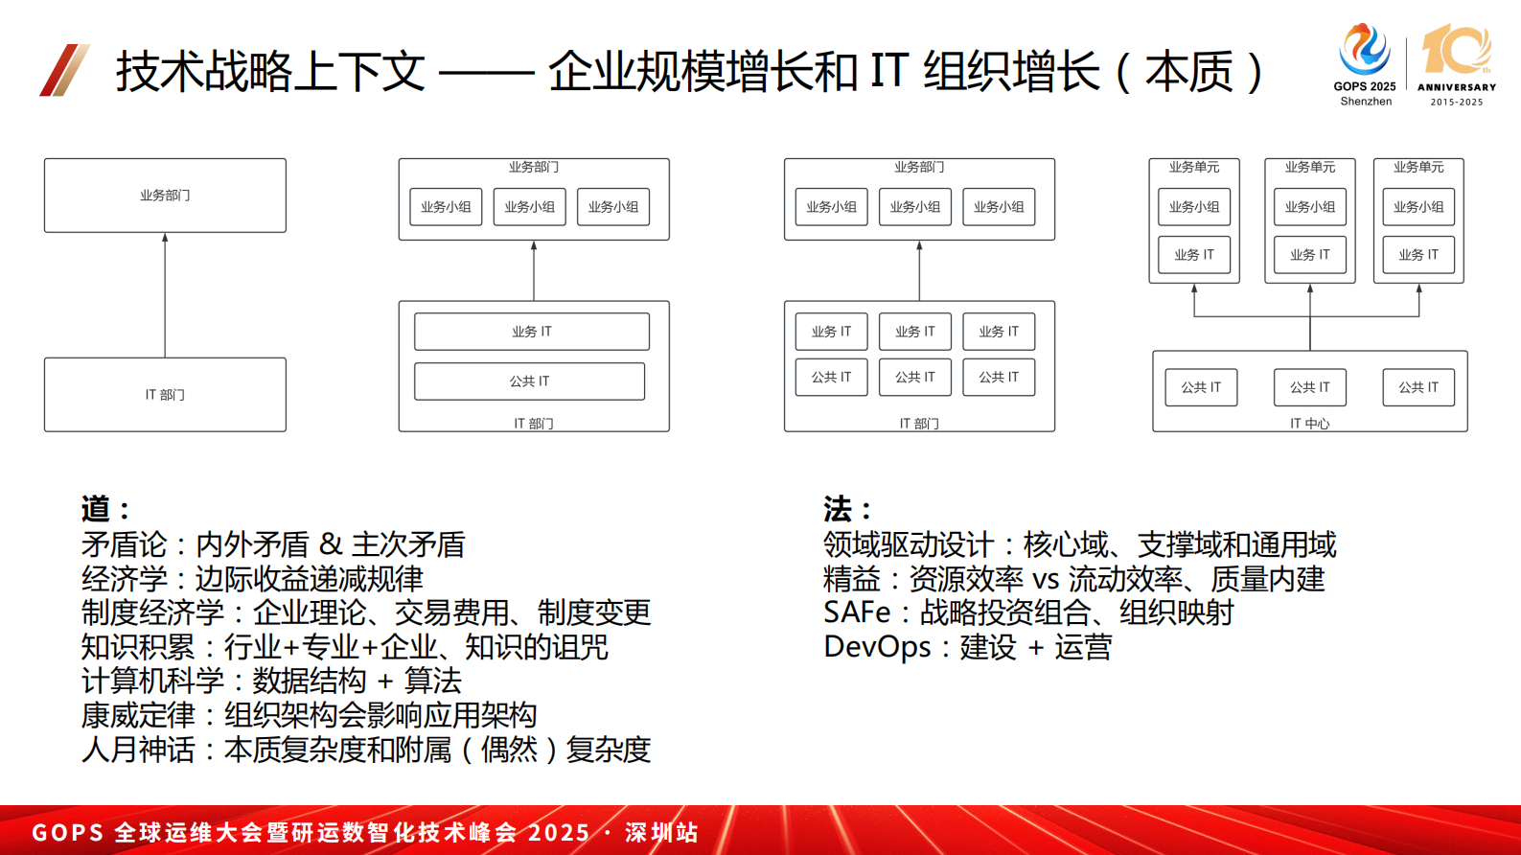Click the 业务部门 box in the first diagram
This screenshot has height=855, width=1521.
tap(165, 196)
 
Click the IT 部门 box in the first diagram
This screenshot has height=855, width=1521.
tap(165, 395)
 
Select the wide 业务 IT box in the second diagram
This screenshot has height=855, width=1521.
tap(532, 332)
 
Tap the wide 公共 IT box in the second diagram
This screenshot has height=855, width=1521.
tap(529, 381)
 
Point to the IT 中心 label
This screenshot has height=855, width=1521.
tap(1309, 423)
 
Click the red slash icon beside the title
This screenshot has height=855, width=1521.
tap(64, 70)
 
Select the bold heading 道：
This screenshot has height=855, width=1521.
tap(105, 508)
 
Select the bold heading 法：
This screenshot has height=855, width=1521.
tap(847, 508)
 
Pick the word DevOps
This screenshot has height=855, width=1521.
tap(877, 647)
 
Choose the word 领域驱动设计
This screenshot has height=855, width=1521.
tap(909, 544)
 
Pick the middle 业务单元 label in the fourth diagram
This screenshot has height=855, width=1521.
tap(1309, 167)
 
